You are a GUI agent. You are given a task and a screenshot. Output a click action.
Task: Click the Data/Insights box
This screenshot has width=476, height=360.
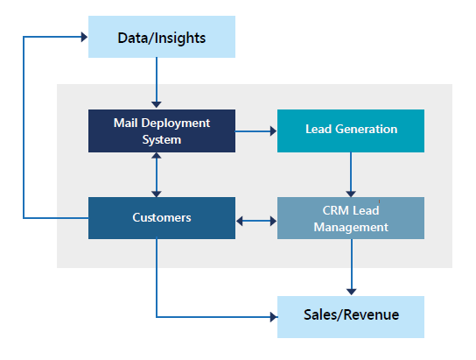click(162, 37)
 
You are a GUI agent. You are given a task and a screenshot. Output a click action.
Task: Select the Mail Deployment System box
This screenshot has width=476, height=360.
click(162, 131)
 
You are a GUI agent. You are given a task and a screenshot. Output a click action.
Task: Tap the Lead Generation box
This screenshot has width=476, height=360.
click(351, 131)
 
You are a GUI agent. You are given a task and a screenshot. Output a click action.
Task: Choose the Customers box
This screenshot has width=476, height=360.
click(162, 218)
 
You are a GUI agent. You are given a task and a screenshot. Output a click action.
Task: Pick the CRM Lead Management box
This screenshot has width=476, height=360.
click(351, 218)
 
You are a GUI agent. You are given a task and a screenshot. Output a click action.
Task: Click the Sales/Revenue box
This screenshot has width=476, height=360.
click(351, 317)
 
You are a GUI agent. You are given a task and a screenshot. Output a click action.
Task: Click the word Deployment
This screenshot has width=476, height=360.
click(176, 124)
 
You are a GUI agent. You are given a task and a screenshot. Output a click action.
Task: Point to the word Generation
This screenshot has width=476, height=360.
click(366, 129)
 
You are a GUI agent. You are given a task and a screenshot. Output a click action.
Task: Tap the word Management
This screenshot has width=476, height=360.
click(351, 227)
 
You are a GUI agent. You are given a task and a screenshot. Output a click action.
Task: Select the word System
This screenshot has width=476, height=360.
click(162, 140)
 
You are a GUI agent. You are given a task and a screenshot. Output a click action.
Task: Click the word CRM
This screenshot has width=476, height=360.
click(334, 210)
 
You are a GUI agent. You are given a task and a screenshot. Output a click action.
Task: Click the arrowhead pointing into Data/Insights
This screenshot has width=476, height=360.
click(84, 37)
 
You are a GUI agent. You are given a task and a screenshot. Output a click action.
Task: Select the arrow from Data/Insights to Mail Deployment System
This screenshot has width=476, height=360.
click(157, 82)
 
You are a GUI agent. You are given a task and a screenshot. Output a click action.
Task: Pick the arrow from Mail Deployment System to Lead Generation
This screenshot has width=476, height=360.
click(256, 131)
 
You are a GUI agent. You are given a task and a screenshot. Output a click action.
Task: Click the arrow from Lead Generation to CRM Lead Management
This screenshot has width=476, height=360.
click(351, 174)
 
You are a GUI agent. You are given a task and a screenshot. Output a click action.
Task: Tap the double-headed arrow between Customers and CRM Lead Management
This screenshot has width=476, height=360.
click(256, 221)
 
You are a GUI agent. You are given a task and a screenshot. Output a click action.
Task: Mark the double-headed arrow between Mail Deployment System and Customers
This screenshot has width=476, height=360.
click(157, 174)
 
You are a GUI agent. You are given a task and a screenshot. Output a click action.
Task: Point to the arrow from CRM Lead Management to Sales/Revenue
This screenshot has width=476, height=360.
click(351, 267)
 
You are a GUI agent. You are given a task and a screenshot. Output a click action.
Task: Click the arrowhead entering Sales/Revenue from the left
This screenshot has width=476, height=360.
click(274, 317)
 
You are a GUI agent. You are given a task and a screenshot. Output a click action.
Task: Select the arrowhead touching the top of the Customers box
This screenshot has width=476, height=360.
click(157, 194)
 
